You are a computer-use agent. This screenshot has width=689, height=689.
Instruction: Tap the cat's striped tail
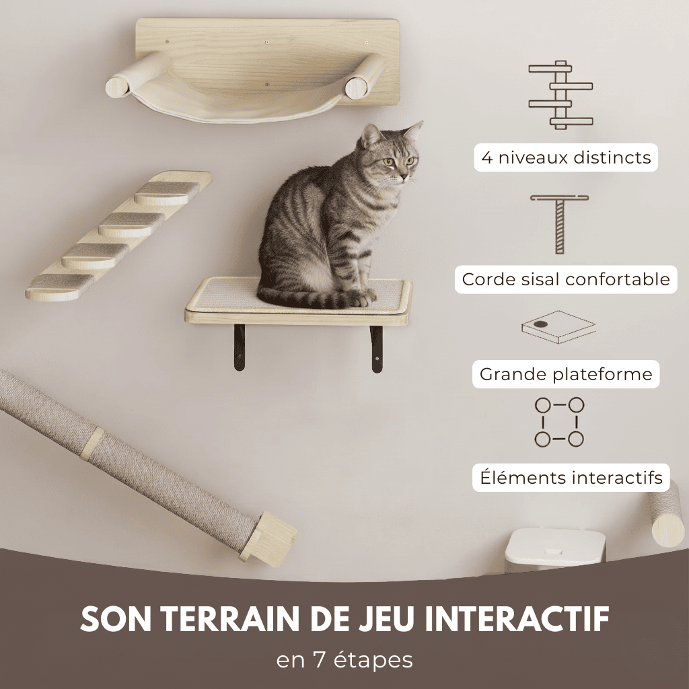click(303, 297)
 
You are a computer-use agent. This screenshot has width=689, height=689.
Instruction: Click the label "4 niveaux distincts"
click(566, 158)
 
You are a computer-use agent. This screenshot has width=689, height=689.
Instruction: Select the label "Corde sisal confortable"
click(566, 279)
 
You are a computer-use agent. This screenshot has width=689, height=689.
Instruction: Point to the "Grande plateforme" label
click(566, 374)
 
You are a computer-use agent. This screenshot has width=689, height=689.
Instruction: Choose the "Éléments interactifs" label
click(571, 478)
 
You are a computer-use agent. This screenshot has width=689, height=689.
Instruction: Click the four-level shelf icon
click(560, 95)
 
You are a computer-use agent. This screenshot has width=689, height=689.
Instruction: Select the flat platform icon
click(558, 327)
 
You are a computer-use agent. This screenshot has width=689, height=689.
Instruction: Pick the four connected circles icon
click(559, 422)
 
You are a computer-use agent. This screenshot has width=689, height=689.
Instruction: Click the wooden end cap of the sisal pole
click(270, 536)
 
